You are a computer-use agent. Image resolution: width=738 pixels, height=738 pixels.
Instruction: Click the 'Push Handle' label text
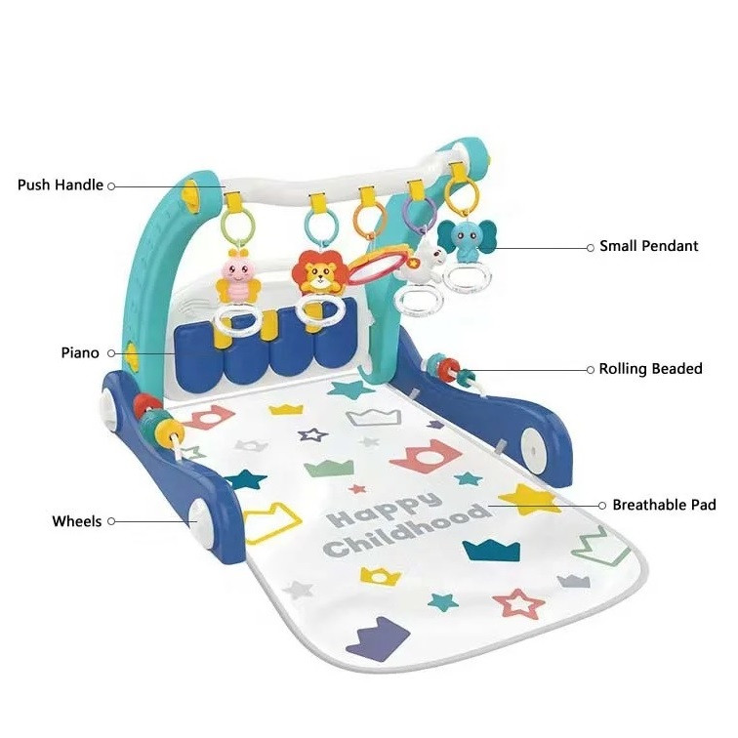tap(60, 184)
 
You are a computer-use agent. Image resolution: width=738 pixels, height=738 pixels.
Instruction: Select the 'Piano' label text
tap(79, 352)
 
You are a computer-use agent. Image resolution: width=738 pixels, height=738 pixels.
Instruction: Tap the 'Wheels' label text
tap(76, 521)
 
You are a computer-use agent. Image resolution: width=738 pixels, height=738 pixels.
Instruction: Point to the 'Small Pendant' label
tap(648, 247)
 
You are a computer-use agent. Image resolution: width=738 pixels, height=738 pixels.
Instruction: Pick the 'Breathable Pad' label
tap(663, 505)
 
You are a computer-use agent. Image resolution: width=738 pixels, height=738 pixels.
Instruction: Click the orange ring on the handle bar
tap(366, 219)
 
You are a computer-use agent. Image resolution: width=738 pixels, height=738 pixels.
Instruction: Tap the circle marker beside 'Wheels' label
tap(111, 521)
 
